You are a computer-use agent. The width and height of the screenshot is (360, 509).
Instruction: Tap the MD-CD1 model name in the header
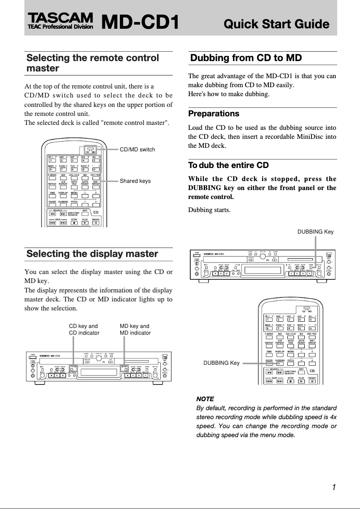(x=140, y=23)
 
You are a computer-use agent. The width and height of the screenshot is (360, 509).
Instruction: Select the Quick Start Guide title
(x=276, y=24)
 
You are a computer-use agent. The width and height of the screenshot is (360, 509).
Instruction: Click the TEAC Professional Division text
(x=60, y=27)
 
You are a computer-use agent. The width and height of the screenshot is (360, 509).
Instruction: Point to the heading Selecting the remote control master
(x=92, y=63)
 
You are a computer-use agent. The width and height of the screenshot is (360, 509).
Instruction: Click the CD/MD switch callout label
(x=137, y=150)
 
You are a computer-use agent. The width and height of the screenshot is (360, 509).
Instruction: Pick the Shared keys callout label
(x=135, y=181)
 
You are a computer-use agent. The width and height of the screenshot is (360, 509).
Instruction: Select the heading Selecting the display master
(x=92, y=254)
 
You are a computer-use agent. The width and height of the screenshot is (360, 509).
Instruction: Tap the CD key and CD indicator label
(x=83, y=330)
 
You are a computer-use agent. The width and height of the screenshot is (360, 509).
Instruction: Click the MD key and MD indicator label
(x=135, y=330)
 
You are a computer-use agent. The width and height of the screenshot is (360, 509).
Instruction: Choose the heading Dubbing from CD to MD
(x=246, y=58)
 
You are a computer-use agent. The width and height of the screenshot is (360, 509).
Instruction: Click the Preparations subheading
(x=214, y=114)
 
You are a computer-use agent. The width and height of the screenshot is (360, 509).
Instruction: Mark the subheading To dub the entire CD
(x=228, y=165)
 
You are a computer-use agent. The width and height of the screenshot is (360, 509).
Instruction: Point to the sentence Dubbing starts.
(x=209, y=210)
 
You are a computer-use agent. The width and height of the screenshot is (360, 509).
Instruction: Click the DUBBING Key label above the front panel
(x=316, y=232)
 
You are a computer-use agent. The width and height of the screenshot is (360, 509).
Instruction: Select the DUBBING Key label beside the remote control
(x=222, y=363)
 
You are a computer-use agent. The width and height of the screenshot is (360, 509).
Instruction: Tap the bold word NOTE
(x=205, y=399)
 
